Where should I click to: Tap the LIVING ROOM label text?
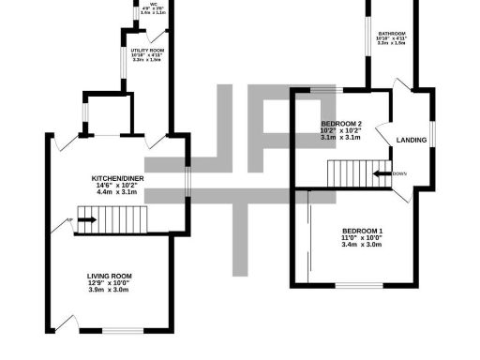click(x=109, y=276)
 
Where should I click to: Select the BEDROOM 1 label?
click(x=362, y=231)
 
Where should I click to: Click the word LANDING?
click(x=412, y=141)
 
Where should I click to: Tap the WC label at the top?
click(x=153, y=3)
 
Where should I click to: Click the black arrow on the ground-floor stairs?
click(x=85, y=221)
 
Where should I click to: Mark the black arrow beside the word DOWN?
click(x=382, y=173)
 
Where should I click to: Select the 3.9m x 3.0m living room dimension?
click(x=109, y=291)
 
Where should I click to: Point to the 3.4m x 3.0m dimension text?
click(x=362, y=246)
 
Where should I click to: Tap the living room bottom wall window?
click(x=122, y=330)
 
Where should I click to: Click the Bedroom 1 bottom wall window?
click(x=360, y=283)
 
